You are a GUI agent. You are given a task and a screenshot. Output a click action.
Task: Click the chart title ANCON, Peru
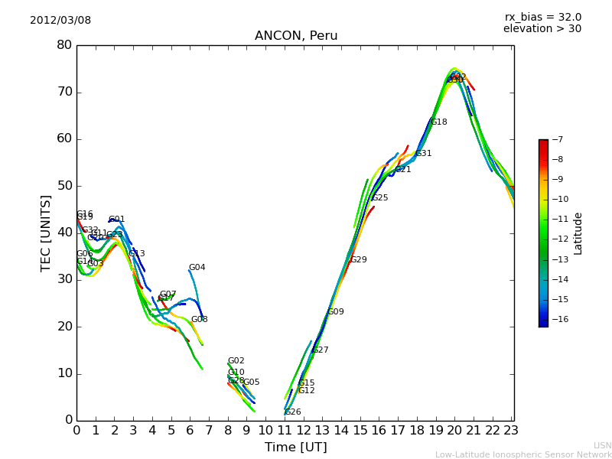coord(296,36)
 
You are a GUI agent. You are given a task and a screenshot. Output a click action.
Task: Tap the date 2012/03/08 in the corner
coord(60,20)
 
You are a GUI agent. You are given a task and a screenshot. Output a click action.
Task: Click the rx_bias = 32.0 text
coord(542,17)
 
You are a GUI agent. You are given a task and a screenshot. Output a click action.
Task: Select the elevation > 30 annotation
coord(542,29)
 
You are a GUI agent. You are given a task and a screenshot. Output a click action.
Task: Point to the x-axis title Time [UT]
coord(295,447)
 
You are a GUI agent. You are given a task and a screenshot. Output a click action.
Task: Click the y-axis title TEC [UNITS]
coord(46,233)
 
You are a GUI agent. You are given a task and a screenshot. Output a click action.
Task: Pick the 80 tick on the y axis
coord(64,45)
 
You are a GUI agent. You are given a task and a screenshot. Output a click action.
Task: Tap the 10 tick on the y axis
coord(64,373)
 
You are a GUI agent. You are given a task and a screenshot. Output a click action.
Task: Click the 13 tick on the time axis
coord(322,431)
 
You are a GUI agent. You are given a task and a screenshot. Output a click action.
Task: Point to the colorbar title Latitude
coord(578,233)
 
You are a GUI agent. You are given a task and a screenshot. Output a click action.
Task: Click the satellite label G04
coord(197,268)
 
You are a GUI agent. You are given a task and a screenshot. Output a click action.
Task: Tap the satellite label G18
coord(438,122)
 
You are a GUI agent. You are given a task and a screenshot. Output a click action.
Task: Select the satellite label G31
coord(423,154)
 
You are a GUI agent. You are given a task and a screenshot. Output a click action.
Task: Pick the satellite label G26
coord(292,412)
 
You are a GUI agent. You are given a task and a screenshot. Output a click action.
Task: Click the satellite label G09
coord(335,312)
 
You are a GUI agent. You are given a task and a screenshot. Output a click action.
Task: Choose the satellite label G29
coord(358,260)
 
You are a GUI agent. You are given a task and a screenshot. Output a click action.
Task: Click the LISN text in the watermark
coord(602,445)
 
